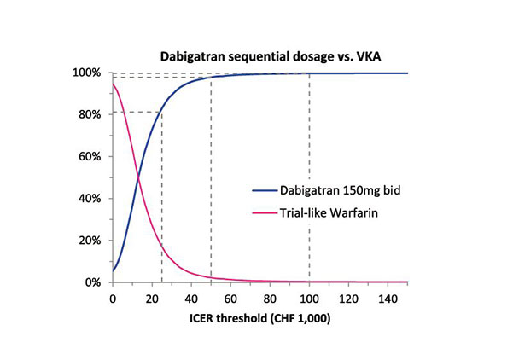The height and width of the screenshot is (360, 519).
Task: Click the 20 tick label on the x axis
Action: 152,299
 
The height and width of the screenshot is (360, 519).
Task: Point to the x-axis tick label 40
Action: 191,299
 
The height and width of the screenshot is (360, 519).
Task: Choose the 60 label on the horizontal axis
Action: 230,299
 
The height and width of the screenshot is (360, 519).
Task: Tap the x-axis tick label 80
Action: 270,299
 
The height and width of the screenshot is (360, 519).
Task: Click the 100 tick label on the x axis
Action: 309,299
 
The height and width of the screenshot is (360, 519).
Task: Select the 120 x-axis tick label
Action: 348,299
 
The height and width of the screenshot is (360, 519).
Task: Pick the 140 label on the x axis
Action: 388,299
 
